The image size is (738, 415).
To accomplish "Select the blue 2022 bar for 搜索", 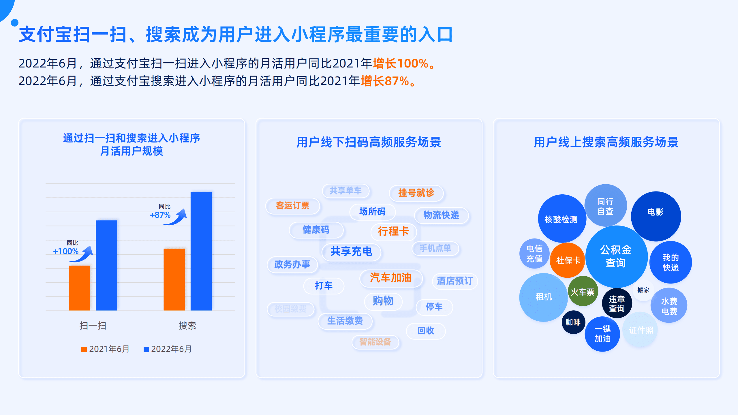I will (201, 251).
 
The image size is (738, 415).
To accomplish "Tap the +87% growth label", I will (160, 215).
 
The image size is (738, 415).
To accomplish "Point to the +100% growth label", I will (66, 251).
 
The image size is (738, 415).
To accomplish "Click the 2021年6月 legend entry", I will (105, 349).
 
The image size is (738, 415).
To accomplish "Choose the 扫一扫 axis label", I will (93, 326).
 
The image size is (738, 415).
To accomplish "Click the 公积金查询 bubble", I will (616, 256).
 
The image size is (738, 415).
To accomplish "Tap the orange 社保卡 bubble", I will (568, 260).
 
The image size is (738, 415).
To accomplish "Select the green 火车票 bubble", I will (582, 292).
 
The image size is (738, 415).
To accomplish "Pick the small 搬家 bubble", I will (643, 290).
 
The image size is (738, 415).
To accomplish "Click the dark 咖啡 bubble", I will (573, 322).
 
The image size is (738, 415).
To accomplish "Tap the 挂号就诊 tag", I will (416, 193).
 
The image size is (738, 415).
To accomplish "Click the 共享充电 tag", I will (351, 251).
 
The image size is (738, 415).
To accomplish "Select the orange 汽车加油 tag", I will (390, 278).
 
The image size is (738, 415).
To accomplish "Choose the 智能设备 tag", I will (375, 342).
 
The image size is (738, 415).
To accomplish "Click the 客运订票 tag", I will (292, 206).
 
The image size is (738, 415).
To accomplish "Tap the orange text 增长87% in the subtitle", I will (385, 81).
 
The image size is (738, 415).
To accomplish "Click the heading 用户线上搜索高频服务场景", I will (606, 142).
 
